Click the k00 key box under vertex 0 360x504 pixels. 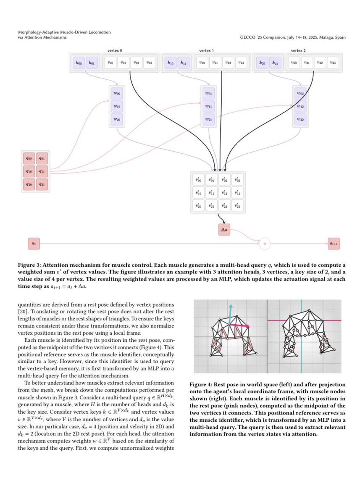pyautogui.click(x=78, y=63)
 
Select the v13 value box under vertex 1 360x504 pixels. pyautogui.click(x=241, y=63)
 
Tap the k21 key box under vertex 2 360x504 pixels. pyautogui.click(x=275, y=63)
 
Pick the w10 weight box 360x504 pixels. pyautogui.click(x=116, y=107)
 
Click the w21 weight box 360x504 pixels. pyautogui.click(x=208, y=120)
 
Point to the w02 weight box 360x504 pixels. pyautogui.click(x=300, y=94)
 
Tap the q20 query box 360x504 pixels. pyautogui.click(x=29, y=185)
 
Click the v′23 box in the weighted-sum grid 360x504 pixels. pyautogui.click(x=238, y=206)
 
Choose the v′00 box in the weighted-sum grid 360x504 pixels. pyautogui.click(x=197, y=179)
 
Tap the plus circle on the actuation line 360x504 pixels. pyautogui.click(x=265, y=243)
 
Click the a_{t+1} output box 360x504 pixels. pyautogui.click(x=334, y=243)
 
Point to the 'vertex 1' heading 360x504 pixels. pyautogui.click(x=206, y=50)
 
